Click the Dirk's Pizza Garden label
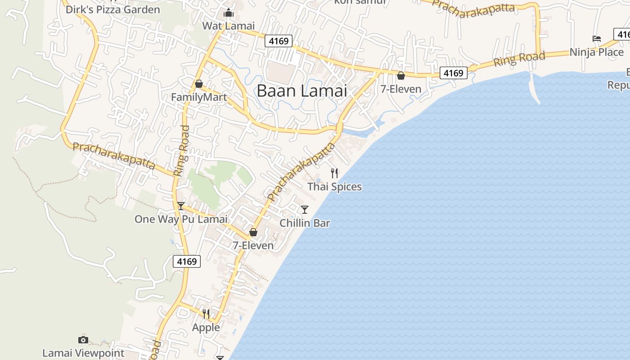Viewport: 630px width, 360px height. [112, 9]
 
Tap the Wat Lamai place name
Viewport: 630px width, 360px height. [228, 26]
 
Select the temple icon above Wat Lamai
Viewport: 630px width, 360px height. [229, 13]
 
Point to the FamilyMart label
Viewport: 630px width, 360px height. [199, 97]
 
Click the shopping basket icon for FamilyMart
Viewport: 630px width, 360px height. [199, 84]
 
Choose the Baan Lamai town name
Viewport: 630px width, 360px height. [302, 91]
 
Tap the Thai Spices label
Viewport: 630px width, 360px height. [334, 186]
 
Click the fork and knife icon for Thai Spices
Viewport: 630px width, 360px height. [334, 173]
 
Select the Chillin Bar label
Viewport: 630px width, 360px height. [305, 223]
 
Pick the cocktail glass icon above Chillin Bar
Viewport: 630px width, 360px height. [305, 209]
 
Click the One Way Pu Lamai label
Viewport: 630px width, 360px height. [181, 219]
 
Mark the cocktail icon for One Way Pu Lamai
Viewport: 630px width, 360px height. [181, 206]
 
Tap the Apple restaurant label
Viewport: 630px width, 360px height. [206, 327]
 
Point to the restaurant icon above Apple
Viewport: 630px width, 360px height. [206, 314]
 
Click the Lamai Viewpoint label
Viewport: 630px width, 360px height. [83, 353]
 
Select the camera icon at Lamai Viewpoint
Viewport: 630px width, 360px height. [83, 340]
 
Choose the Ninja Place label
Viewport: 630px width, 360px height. [597, 52]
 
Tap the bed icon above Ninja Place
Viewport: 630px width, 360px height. [597, 39]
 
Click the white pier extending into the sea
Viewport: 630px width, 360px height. [535, 88]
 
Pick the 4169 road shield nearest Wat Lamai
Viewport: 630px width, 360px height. [279, 41]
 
